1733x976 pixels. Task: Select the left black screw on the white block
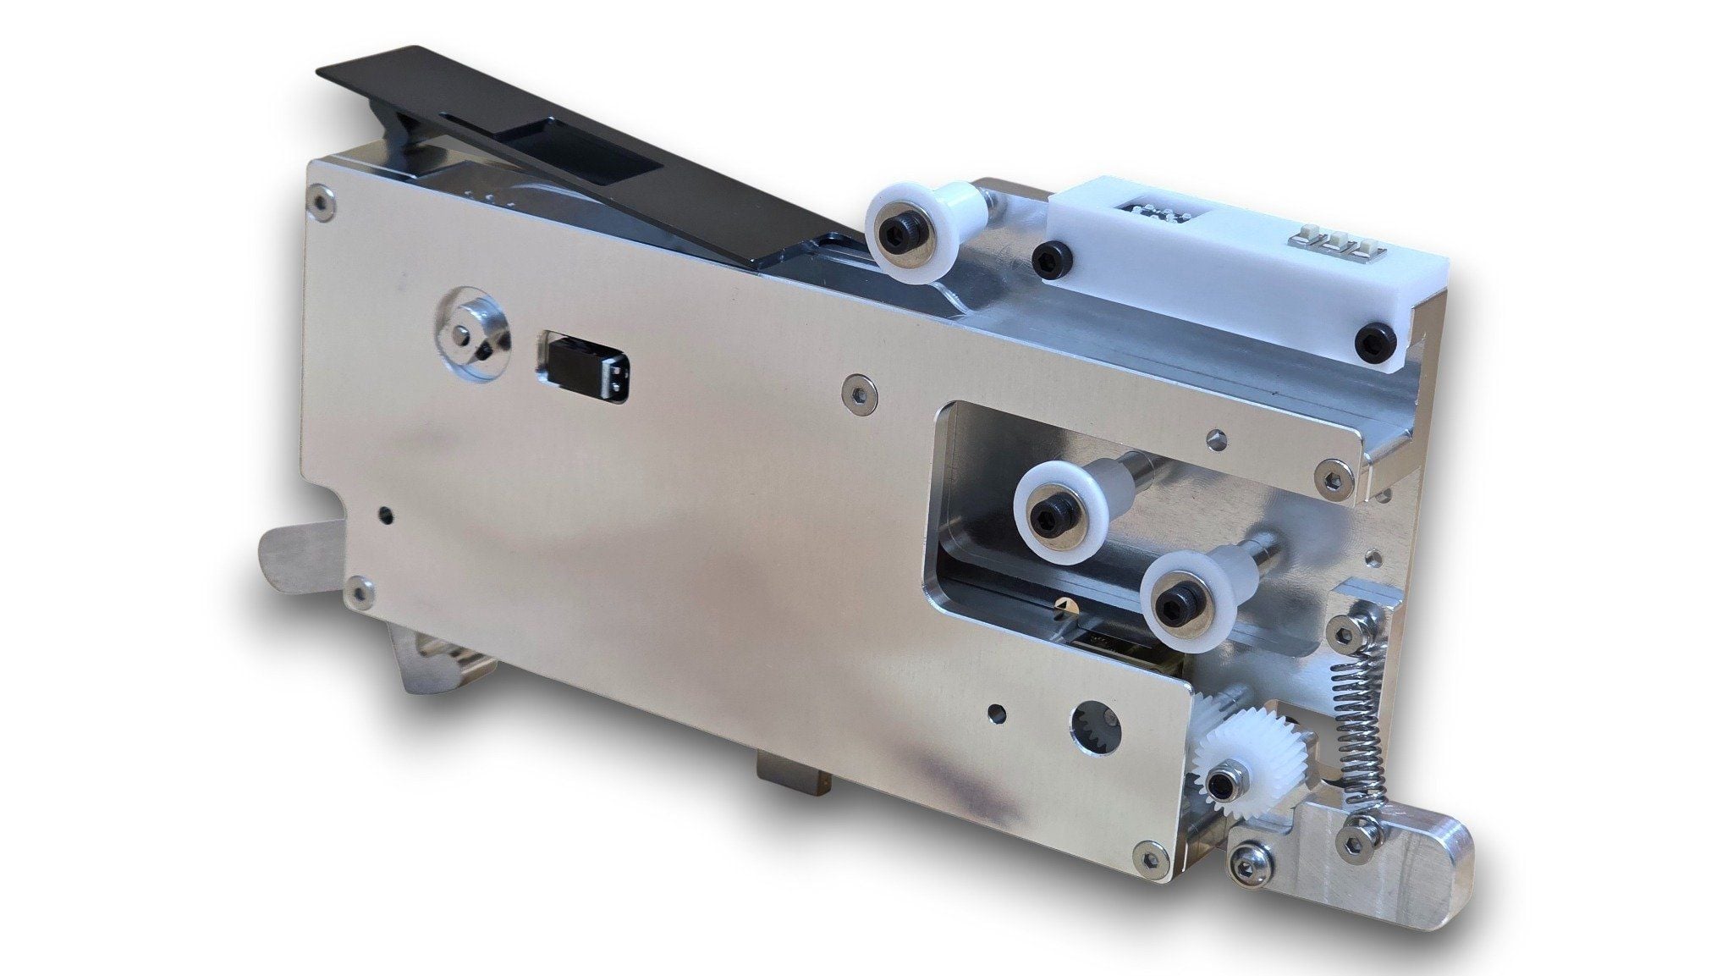tap(1051, 255)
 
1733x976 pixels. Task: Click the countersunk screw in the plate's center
tap(857, 389)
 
